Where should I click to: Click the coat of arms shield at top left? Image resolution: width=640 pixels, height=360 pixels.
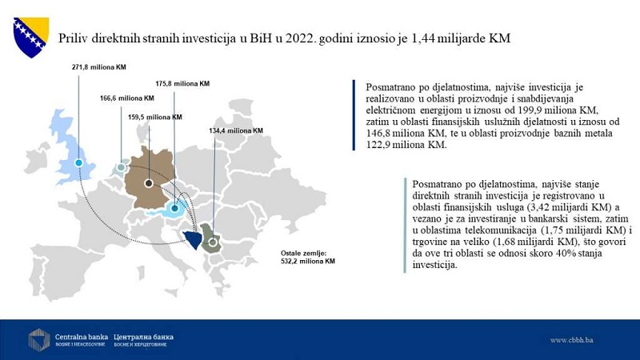30,38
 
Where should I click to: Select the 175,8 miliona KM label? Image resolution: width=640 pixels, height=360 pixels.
182,82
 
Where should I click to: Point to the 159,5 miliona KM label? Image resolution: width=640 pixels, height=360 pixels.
154,117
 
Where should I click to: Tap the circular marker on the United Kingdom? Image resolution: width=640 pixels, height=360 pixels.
78,162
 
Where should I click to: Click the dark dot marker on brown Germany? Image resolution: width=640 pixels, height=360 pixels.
149,183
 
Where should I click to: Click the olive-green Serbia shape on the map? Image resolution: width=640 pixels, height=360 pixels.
213,238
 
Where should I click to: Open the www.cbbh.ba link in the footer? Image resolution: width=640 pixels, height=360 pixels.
571,340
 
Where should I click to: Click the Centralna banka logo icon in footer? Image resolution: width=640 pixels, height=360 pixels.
38,339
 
